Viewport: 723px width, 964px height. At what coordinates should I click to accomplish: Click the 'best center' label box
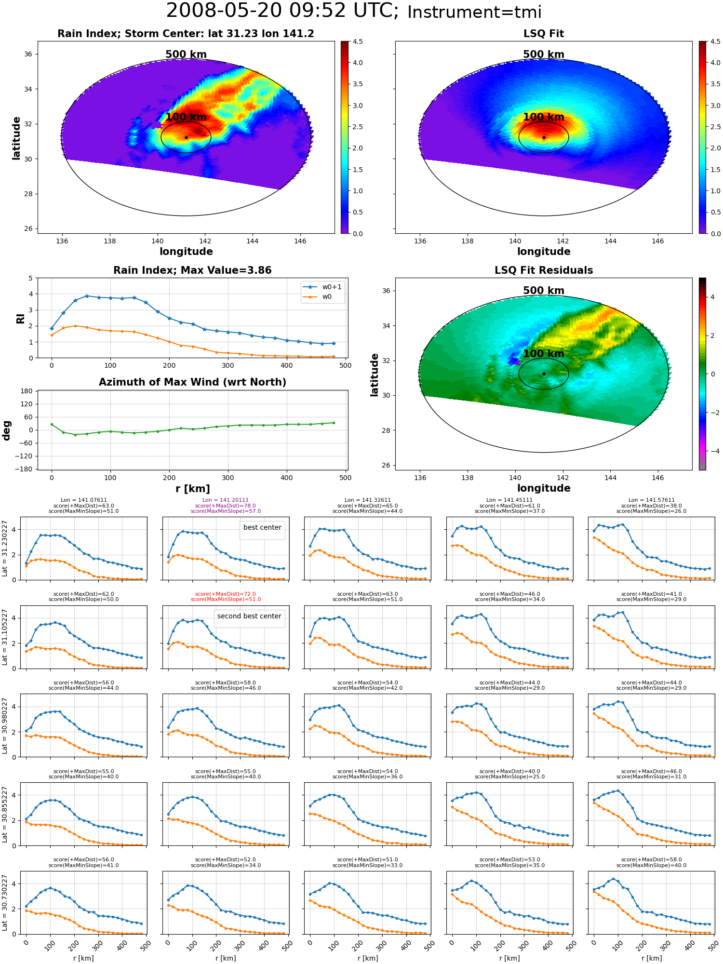[262, 529]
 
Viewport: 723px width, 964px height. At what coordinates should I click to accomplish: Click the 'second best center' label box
[249, 618]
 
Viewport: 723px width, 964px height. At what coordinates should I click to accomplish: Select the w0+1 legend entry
[322, 287]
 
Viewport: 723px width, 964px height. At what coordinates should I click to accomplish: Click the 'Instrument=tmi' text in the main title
[474, 12]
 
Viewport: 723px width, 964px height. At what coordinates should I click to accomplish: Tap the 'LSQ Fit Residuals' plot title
[544, 270]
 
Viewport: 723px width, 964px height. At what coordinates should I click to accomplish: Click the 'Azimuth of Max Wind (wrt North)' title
[192, 382]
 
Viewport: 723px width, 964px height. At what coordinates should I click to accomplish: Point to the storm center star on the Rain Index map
[186, 137]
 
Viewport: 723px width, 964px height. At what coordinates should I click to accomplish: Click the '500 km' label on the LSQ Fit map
[544, 54]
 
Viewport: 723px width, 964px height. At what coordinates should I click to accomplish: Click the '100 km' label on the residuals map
[544, 353]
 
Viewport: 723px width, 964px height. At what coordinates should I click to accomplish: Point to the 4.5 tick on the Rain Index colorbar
[358, 41]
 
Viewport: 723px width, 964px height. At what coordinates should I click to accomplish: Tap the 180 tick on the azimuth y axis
[27, 391]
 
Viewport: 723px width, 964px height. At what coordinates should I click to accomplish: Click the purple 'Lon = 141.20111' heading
[226, 500]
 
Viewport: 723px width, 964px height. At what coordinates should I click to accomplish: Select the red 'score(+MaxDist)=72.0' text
[226, 594]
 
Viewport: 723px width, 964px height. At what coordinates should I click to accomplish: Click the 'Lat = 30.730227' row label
[5, 903]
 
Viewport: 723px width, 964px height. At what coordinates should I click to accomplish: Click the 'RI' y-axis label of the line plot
[20, 318]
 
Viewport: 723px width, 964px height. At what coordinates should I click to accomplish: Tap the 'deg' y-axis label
[7, 430]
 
